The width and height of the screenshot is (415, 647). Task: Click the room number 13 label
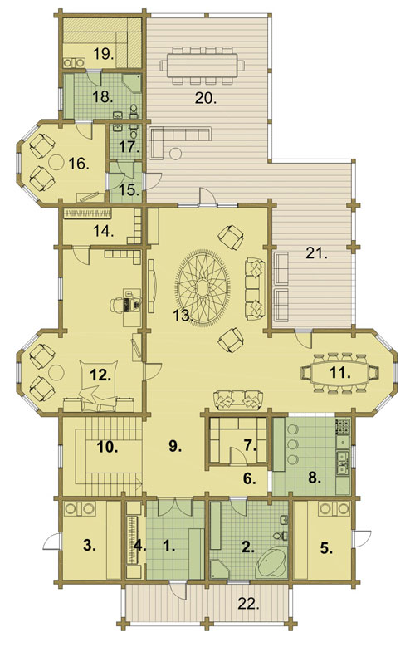click(x=183, y=316)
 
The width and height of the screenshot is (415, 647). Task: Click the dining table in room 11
click(x=340, y=373)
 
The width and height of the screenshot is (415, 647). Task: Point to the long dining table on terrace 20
click(x=203, y=66)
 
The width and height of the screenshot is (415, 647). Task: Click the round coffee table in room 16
click(x=56, y=162)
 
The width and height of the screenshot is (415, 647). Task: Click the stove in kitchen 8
click(x=344, y=426)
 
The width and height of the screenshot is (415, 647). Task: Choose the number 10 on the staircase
click(x=107, y=447)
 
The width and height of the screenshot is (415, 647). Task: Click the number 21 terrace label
click(x=316, y=253)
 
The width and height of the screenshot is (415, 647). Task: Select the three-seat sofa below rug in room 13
click(x=238, y=399)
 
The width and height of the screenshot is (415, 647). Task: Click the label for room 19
click(x=103, y=54)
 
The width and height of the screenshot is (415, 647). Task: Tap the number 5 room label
click(x=326, y=549)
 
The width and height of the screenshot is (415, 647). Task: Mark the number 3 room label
click(x=89, y=546)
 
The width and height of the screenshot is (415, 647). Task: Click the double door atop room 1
click(x=176, y=507)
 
